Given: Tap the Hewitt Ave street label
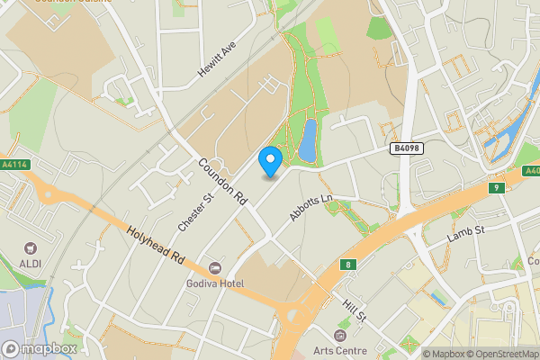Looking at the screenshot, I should click(x=216, y=60).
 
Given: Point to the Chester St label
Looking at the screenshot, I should click(x=195, y=208).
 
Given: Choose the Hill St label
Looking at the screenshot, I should click(x=353, y=311).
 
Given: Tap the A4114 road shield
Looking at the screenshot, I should click(x=13, y=165).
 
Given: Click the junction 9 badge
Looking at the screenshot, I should click(x=495, y=187).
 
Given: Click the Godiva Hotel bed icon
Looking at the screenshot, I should click(x=214, y=268).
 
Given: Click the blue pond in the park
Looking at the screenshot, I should click(x=307, y=139).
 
